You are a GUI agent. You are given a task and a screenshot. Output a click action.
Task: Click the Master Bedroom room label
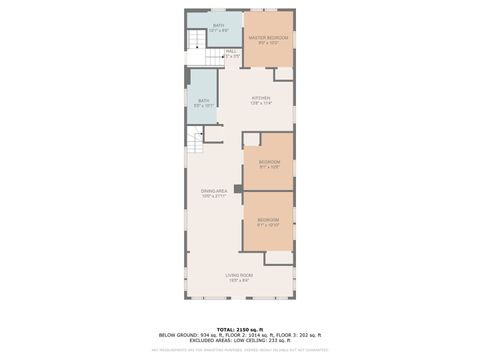pyautogui.click(x=268, y=39)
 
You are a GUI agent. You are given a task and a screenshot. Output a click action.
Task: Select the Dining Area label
pyautogui.click(x=214, y=192)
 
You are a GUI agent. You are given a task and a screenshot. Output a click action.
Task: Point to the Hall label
pyautogui.click(x=231, y=53)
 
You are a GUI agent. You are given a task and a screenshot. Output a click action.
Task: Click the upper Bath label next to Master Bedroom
pyautogui.click(x=219, y=28)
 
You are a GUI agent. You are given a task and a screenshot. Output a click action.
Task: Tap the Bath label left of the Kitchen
pyautogui.click(x=203, y=101)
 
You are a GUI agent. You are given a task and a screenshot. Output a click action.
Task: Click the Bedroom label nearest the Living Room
pyautogui.click(x=268, y=221)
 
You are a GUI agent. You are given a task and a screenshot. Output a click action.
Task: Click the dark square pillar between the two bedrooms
pyautogui.click(x=238, y=187)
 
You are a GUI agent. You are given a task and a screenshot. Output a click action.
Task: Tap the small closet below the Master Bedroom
pyautogui.click(x=283, y=74)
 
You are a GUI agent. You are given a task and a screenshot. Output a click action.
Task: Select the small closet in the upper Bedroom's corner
pyautogui.click(x=251, y=139)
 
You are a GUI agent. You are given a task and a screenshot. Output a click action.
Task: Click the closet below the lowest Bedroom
pyautogui.click(x=279, y=258)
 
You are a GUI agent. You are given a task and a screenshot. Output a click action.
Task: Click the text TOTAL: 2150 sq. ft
pyautogui.click(x=239, y=328)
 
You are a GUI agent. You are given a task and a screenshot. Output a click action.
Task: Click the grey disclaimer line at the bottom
pyautogui.click(x=239, y=350)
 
